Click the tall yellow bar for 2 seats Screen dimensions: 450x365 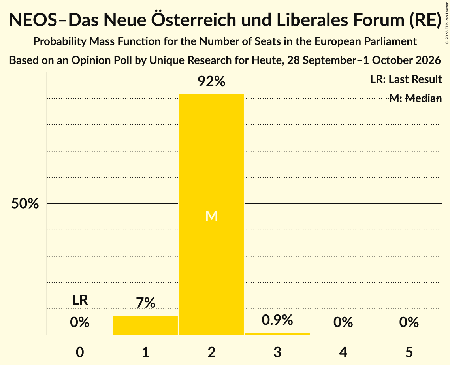[x=211, y=214]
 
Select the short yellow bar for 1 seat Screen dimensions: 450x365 [x=145, y=325]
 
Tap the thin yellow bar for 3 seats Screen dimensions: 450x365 [x=277, y=334]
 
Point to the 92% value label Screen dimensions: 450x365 [x=211, y=81]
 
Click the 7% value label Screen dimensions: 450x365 [x=145, y=303]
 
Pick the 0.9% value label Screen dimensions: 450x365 [x=277, y=320]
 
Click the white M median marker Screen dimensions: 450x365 [x=211, y=216]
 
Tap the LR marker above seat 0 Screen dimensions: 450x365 [x=80, y=300]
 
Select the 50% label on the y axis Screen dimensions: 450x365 [x=25, y=203]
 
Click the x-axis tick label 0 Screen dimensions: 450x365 [x=80, y=352]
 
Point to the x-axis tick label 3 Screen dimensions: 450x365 [x=277, y=352]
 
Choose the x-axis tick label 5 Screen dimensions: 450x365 [x=409, y=352]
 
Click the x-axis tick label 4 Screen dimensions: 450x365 [x=343, y=352]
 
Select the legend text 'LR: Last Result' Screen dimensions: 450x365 [x=406, y=79]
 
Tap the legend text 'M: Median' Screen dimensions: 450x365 [x=415, y=98]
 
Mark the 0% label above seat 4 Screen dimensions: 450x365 [x=343, y=322]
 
